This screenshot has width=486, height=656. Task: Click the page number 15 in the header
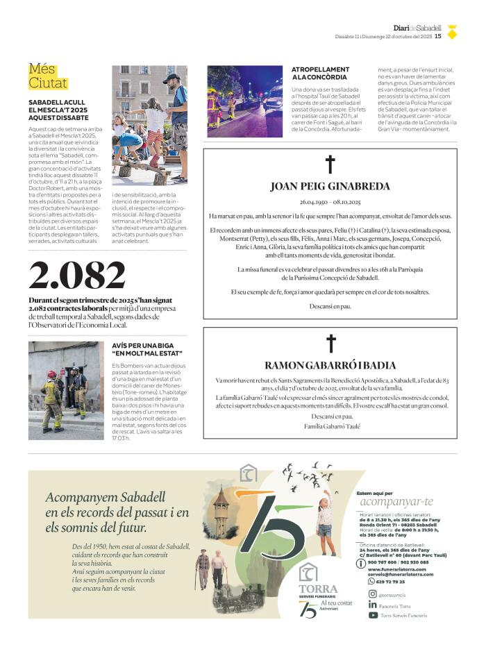[x=438, y=36]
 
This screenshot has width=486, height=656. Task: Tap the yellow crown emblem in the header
[x=452, y=31]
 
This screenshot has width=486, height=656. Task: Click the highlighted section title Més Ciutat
[x=48, y=76]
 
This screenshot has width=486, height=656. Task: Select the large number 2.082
[x=77, y=276]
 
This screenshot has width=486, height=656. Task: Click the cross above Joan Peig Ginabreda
[x=330, y=165]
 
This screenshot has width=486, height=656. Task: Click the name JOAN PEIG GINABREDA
[x=330, y=186]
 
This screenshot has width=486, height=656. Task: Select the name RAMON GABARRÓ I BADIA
[x=330, y=365]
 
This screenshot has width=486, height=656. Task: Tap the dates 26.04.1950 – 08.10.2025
[x=330, y=201]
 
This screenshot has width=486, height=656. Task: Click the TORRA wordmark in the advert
[x=318, y=589]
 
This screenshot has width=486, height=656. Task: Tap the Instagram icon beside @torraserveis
[x=373, y=594]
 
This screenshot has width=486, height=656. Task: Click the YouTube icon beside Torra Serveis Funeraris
[x=373, y=615]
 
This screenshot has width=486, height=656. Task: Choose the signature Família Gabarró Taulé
[x=330, y=426]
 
